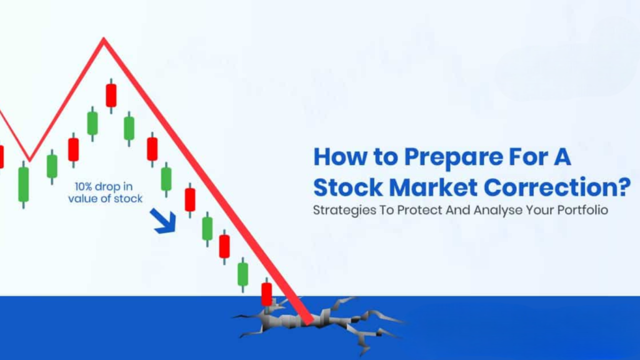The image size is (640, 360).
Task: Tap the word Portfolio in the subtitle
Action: point(583,211)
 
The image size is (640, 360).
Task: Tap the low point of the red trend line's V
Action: point(29,158)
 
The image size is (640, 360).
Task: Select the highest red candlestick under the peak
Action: point(111,95)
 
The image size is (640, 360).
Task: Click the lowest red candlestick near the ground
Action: point(267,294)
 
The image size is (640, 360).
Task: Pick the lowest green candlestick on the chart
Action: point(242,274)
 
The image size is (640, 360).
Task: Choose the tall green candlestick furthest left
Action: point(24,184)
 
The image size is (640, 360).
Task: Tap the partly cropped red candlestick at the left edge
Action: point(1,156)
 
